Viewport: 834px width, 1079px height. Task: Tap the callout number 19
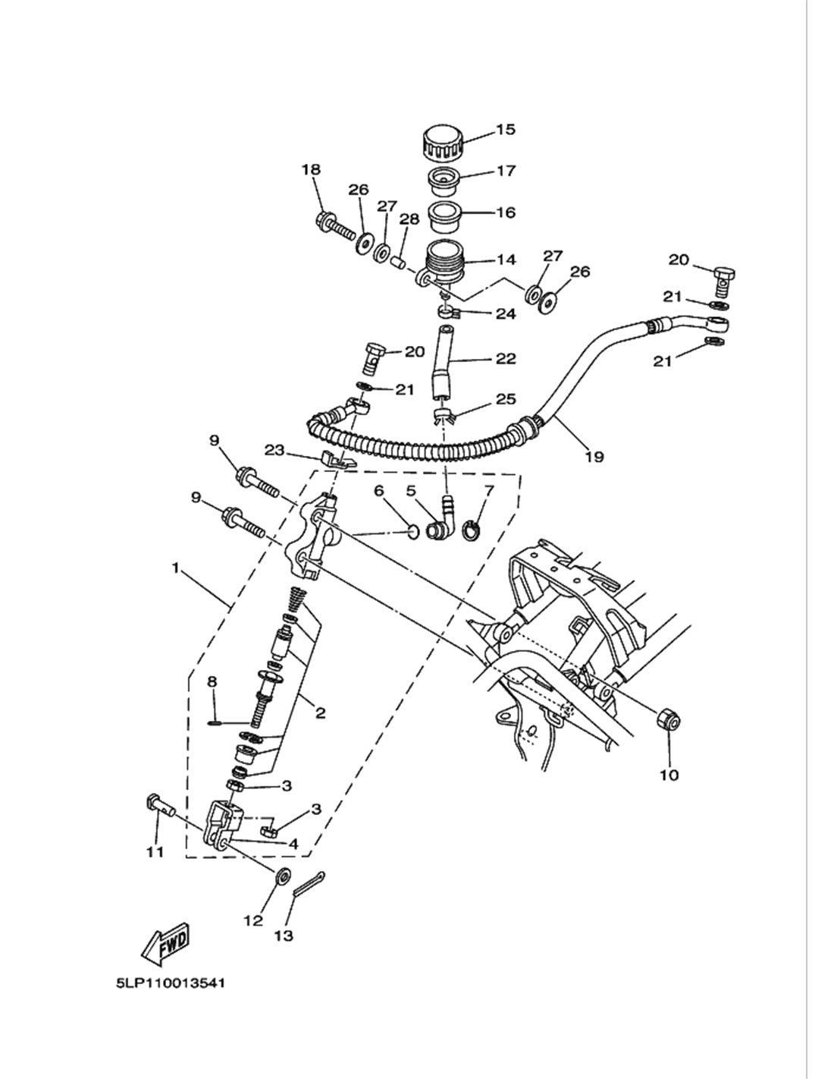point(594,456)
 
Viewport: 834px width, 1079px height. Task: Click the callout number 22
point(506,358)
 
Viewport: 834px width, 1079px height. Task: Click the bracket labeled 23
point(340,459)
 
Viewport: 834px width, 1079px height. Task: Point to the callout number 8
point(212,681)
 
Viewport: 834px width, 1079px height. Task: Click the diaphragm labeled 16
point(444,216)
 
